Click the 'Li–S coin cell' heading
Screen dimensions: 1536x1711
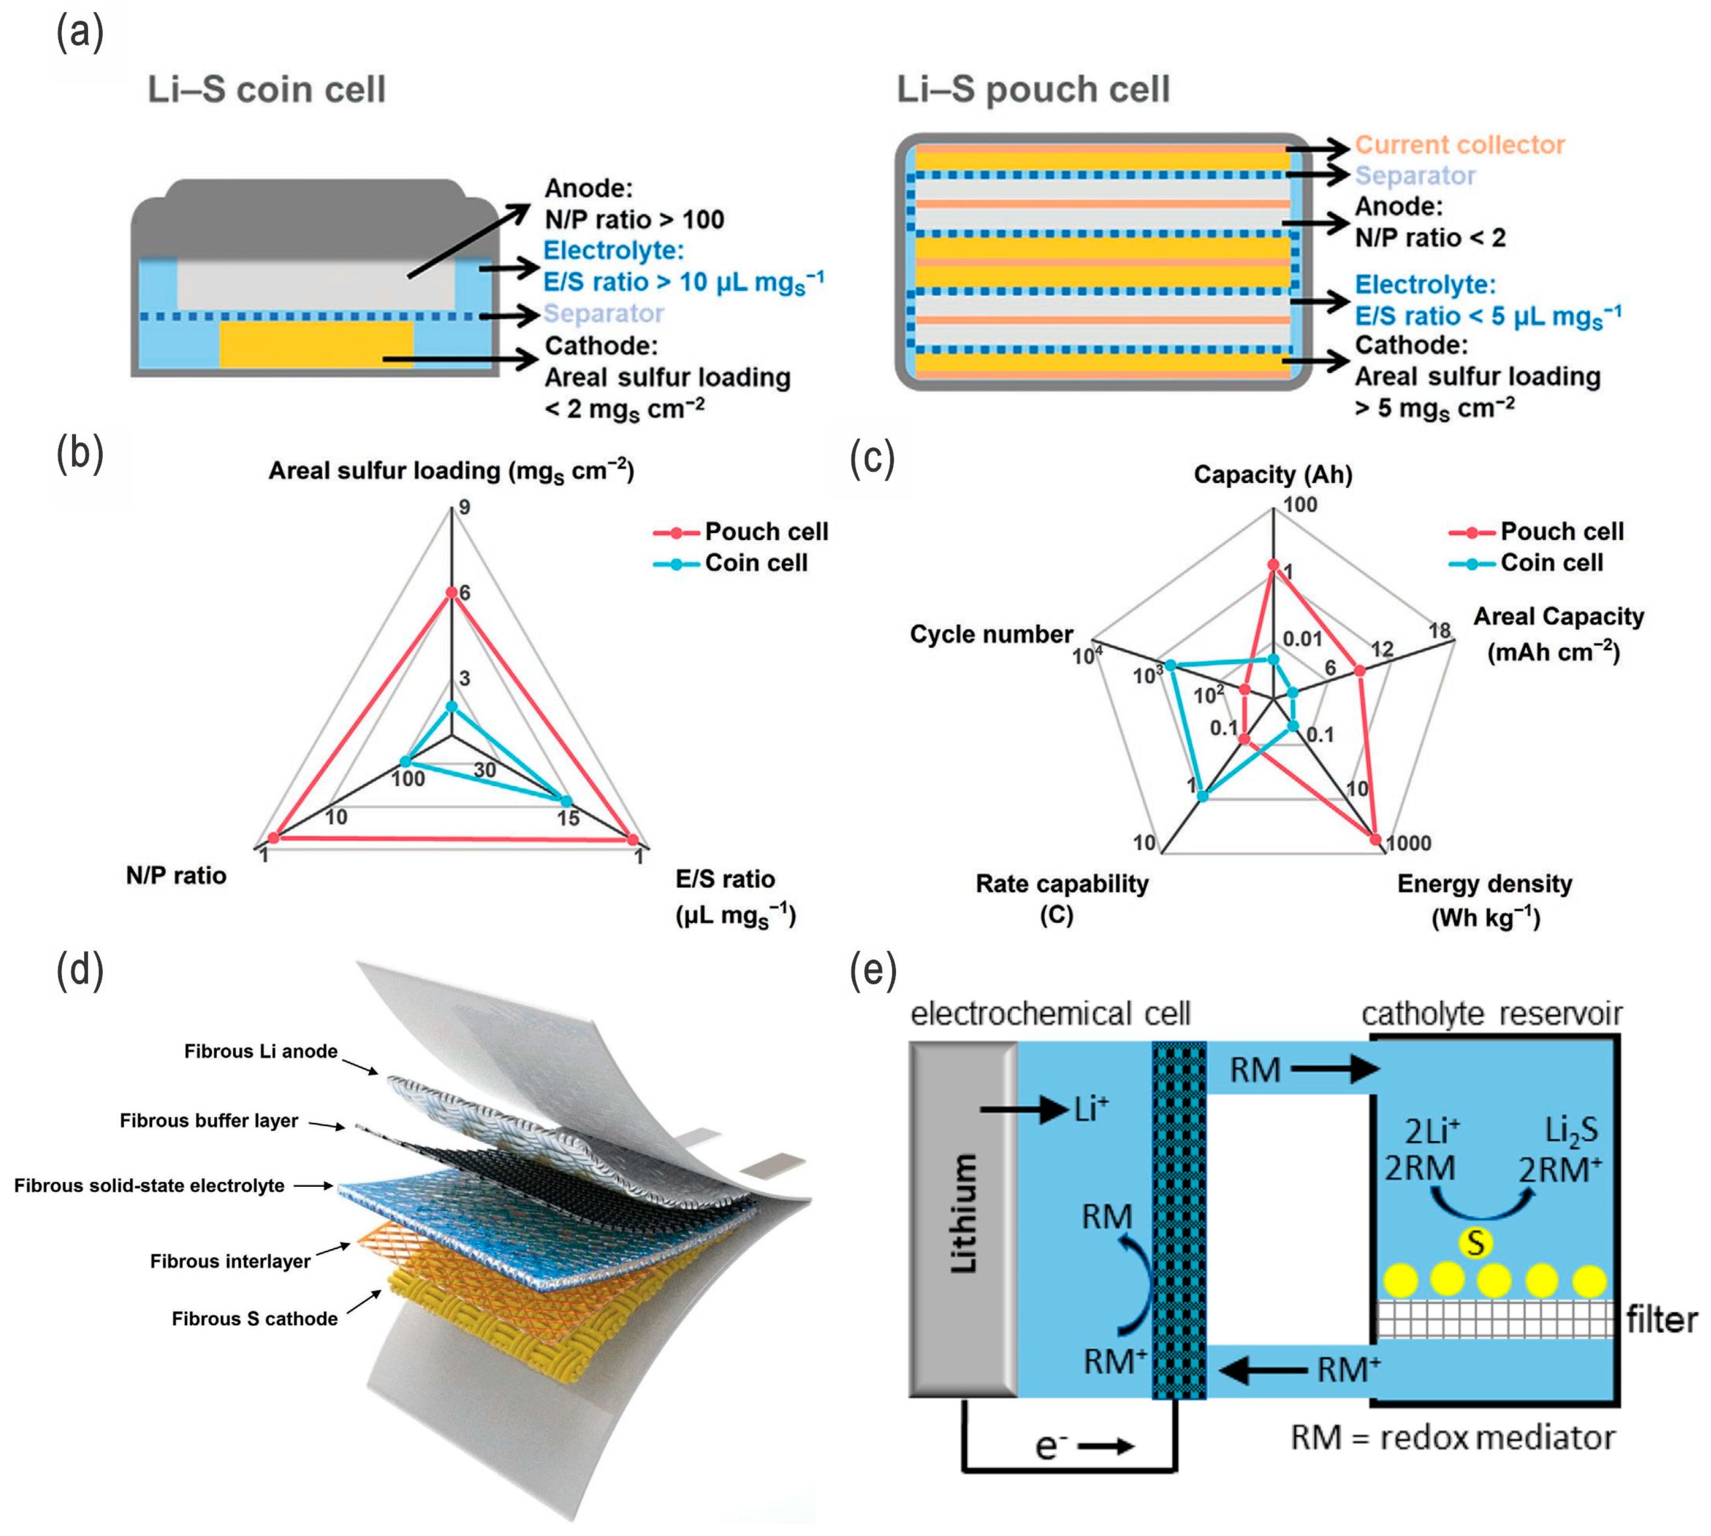(267, 89)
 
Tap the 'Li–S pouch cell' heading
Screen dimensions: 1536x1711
(1033, 89)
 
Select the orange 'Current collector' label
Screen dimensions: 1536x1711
(1460, 145)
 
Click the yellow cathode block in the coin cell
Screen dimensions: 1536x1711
(317, 343)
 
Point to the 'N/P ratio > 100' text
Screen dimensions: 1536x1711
(634, 219)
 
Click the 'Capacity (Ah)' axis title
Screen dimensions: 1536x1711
(1272, 475)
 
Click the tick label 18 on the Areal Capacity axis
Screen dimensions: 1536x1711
(1440, 631)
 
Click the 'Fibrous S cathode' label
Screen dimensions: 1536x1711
(255, 1318)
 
